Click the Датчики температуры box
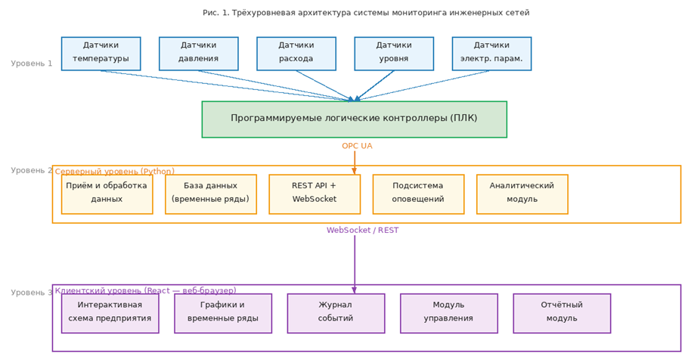point(101,54)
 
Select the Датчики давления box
point(198,54)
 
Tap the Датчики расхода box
point(296,54)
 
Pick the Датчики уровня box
point(394,54)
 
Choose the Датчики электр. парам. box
point(491,54)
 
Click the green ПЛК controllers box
point(354,119)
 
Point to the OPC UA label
point(357,146)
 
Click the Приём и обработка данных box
point(107,194)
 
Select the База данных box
point(210,194)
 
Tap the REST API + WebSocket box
point(315,194)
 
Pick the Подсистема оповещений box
point(418,194)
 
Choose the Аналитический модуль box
point(522,194)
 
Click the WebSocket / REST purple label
point(362,230)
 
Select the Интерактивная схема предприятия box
point(110,313)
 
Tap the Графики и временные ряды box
point(222,313)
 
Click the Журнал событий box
point(336,313)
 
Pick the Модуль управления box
point(448,313)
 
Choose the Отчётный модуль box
point(562,313)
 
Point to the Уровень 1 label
point(32,64)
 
